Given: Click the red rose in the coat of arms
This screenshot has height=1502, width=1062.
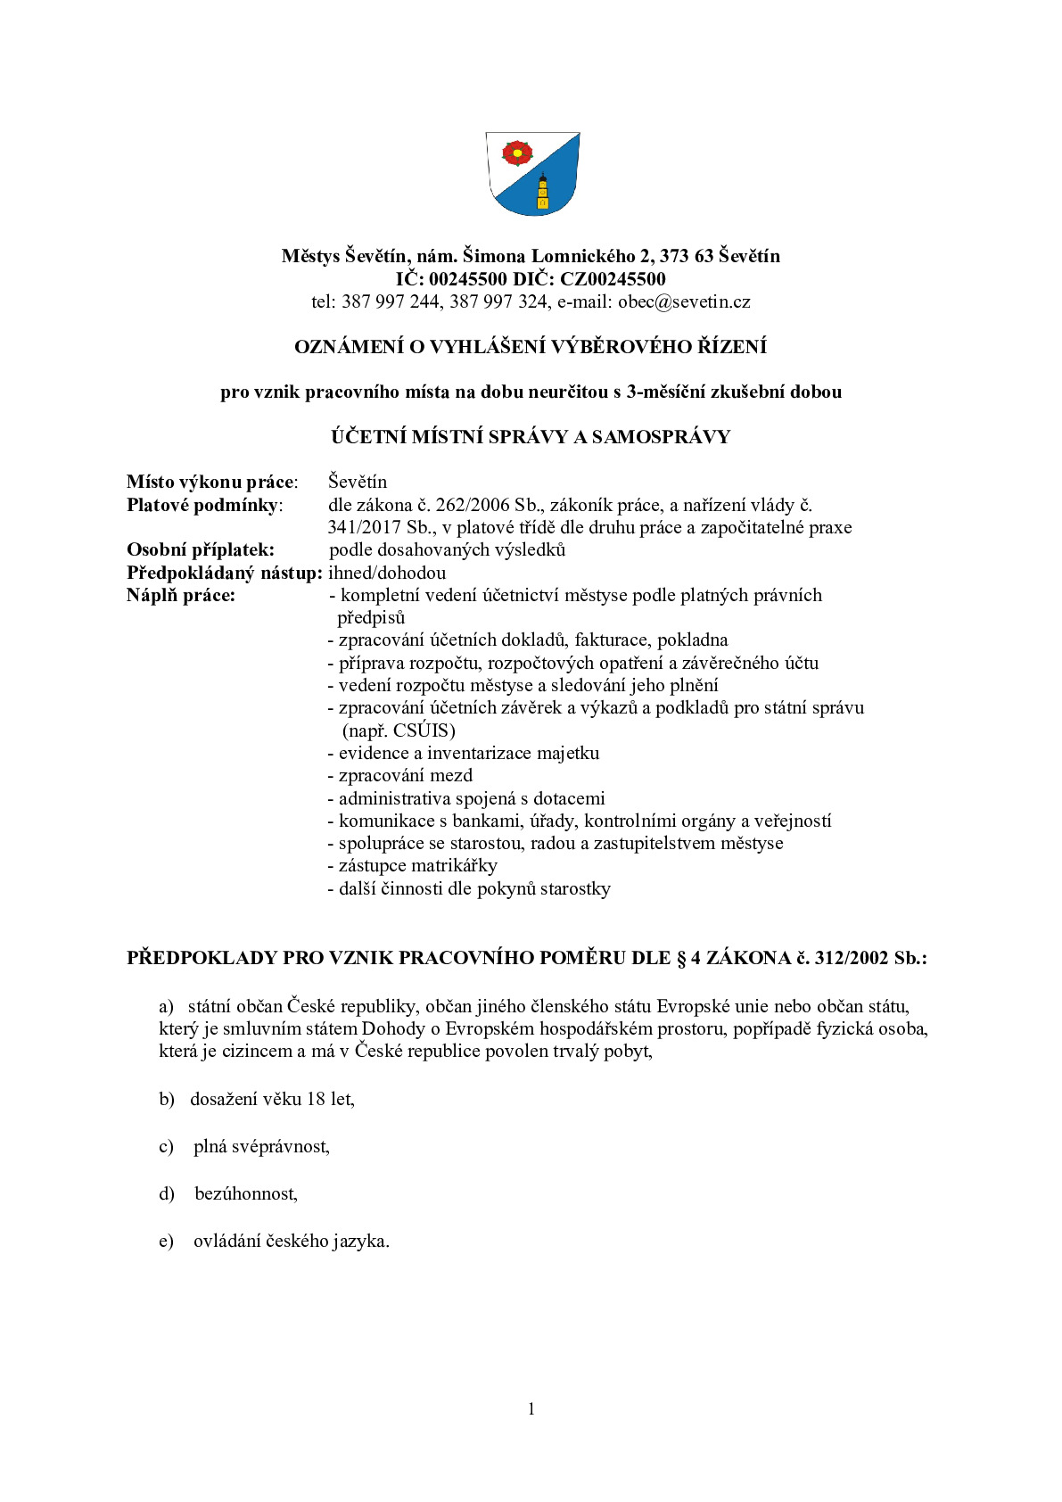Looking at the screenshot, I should pos(515,153).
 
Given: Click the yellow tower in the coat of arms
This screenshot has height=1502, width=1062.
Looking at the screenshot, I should pos(541,192).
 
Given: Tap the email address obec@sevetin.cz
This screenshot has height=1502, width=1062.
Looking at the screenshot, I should pos(684,301).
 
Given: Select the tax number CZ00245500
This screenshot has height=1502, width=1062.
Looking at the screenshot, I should pos(613,279).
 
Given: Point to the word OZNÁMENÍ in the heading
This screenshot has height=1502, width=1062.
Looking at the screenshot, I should pos(349,347).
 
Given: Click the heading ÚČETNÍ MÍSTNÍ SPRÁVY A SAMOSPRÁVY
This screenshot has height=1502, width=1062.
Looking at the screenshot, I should pos(531,437).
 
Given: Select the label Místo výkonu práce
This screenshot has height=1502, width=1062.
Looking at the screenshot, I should pos(211,483).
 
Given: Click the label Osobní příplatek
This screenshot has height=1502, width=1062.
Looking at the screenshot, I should pos(200,549).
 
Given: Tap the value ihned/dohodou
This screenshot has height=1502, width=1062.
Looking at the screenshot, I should pos(387,573).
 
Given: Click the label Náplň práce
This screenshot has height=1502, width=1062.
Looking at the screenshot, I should pos(181,595).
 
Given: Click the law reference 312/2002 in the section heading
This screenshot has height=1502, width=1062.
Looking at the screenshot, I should pos(852,958).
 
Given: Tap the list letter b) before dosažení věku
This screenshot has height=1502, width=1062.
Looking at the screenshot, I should pos(167,1099).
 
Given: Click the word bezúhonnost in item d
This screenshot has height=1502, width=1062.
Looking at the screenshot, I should pos(245,1193).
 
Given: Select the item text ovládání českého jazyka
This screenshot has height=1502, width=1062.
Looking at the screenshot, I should pos(291,1241).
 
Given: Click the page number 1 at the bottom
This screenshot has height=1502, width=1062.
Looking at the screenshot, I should pos(531,1409).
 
